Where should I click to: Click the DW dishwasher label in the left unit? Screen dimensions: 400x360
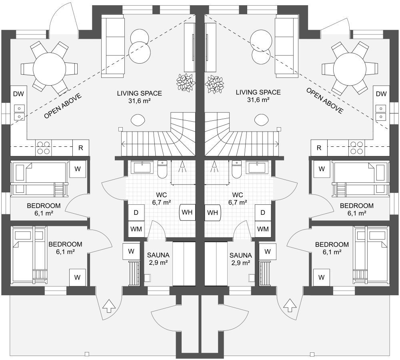(x=18, y=94)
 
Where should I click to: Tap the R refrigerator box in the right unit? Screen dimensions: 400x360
(x=319, y=148)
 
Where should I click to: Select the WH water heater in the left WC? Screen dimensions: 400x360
(x=187, y=212)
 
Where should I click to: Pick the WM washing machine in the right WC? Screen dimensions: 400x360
(x=263, y=229)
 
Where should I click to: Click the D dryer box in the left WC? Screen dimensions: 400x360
(x=136, y=212)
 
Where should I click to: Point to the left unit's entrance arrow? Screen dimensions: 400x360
(x=109, y=306)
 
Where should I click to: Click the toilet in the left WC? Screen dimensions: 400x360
(x=162, y=169)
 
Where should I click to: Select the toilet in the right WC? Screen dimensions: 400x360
(x=236, y=169)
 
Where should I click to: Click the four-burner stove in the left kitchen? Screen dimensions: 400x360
(x=43, y=148)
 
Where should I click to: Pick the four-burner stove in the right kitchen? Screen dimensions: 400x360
(x=357, y=148)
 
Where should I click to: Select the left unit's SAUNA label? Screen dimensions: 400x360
(x=158, y=255)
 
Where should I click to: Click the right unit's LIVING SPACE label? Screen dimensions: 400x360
(x=258, y=92)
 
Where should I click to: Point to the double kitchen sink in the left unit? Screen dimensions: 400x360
(x=19, y=112)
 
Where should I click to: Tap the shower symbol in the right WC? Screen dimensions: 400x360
(x=214, y=167)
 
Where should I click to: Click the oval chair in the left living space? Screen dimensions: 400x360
(x=138, y=120)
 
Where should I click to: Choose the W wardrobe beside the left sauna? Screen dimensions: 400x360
(x=131, y=252)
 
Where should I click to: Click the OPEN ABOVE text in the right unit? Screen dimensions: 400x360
(x=325, y=101)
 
